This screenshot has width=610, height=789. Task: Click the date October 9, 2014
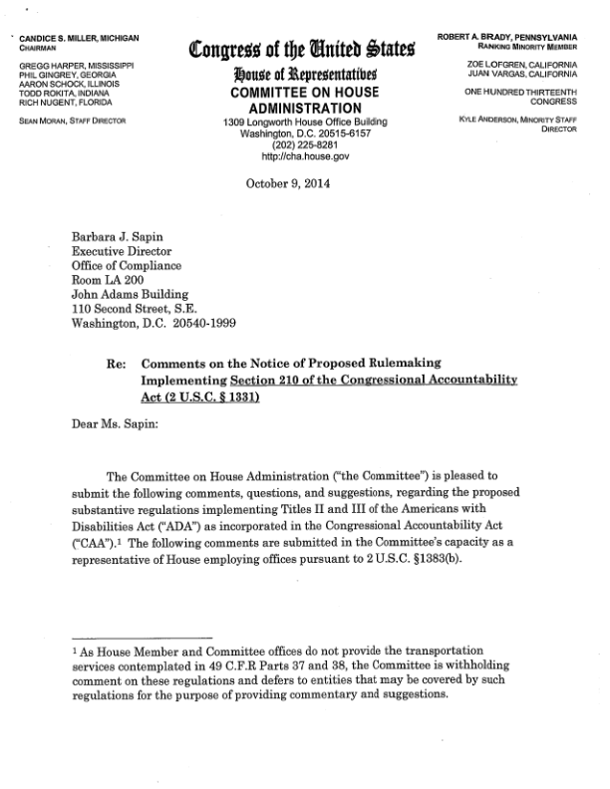pos(285,184)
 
